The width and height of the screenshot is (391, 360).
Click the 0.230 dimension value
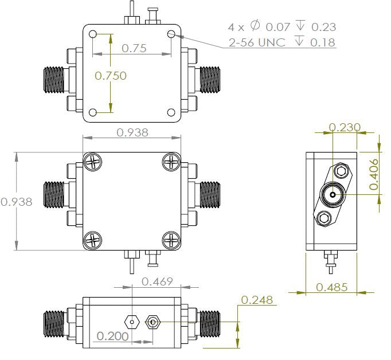click(x=345, y=127)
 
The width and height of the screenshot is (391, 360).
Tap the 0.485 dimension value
click(x=331, y=287)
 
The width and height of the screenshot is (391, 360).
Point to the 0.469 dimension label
click(x=158, y=281)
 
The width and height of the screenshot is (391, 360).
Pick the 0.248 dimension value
click(x=257, y=300)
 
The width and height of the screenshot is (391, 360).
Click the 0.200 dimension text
click(x=113, y=335)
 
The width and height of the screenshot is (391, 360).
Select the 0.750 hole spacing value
click(x=111, y=75)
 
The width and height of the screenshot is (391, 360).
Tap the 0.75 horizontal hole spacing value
click(x=134, y=48)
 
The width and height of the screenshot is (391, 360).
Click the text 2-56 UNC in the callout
click(x=256, y=42)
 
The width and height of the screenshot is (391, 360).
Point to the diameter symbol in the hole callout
click(x=255, y=26)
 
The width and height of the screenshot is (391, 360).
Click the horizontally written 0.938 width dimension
click(x=132, y=132)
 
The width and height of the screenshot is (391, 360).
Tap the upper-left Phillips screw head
click(x=93, y=163)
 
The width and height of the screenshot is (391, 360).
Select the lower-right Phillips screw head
click(x=170, y=240)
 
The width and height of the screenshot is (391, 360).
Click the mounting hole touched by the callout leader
click(x=171, y=34)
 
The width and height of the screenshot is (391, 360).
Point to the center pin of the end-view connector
click(x=332, y=195)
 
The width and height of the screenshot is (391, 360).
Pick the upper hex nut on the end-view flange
click(x=341, y=171)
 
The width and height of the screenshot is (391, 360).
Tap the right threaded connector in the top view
click(x=208, y=79)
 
